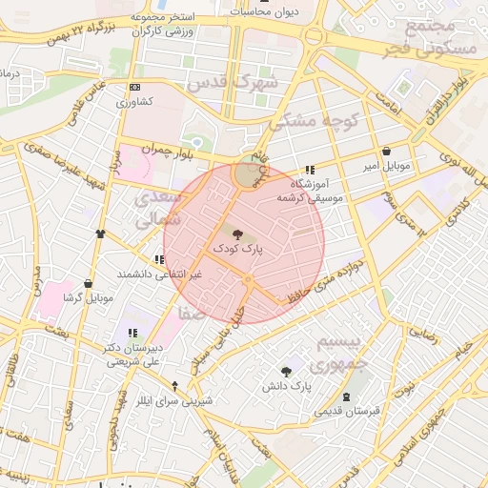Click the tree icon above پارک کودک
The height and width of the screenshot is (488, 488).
coord(236,233)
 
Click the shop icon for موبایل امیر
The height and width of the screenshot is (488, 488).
coord(386,152)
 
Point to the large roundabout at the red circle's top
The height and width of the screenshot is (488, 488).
coord(248,175)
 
